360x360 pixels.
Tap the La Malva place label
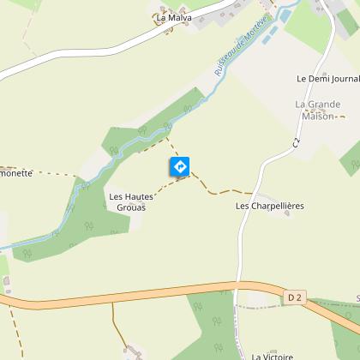point(174,17)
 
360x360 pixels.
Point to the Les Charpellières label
point(270,207)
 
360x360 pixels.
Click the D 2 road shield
point(295,297)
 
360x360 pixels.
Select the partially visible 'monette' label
point(16,172)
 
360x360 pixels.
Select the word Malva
point(179,17)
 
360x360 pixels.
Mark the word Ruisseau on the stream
point(226,67)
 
